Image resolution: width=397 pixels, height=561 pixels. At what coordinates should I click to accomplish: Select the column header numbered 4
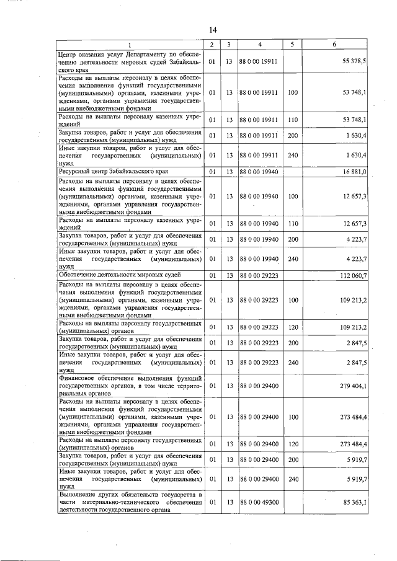[x=260, y=45]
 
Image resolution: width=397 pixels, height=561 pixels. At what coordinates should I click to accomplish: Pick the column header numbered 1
[x=130, y=45]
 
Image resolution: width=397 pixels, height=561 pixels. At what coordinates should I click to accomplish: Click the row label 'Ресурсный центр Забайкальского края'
[x=113, y=170]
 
